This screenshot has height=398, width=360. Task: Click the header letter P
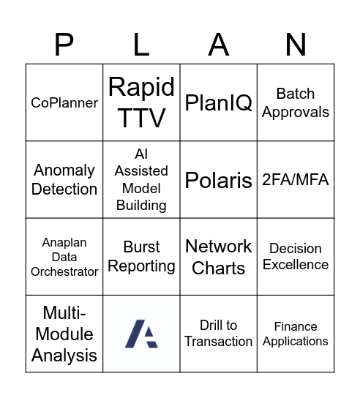click(64, 45)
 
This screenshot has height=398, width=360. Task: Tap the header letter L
click(141, 45)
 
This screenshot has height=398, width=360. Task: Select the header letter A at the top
click(219, 45)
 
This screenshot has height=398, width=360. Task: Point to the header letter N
click(296, 45)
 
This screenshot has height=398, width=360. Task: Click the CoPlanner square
click(64, 103)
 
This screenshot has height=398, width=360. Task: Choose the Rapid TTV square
click(141, 103)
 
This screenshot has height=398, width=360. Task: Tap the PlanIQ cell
click(219, 103)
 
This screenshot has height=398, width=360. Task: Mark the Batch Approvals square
click(296, 103)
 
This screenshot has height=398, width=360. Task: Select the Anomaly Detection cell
click(64, 180)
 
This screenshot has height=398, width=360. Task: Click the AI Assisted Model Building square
click(141, 180)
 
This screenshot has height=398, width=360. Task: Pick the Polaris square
click(219, 180)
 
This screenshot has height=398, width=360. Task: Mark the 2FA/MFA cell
click(296, 180)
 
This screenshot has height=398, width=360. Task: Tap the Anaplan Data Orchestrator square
click(64, 257)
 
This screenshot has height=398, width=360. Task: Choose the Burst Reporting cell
click(141, 257)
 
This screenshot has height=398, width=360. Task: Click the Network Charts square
click(219, 257)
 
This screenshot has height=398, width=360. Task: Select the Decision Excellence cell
click(296, 257)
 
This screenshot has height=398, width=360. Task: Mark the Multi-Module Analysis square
click(64, 334)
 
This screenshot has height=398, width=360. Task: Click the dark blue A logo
click(141, 334)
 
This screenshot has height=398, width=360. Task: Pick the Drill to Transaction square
click(219, 334)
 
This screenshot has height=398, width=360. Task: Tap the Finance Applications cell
click(296, 334)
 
